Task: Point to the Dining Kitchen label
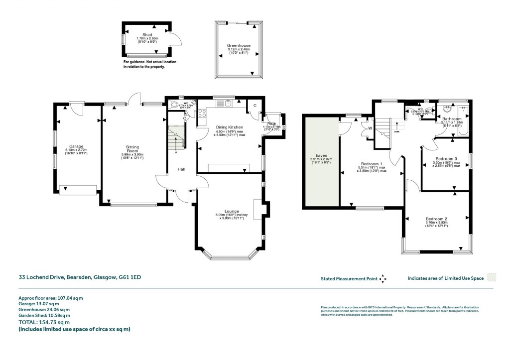click(229, 127)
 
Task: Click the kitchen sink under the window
click(227, 104)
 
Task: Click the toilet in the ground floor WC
click(174, 105)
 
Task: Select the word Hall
click(182, 170)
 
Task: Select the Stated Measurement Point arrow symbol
click(382, 279)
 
